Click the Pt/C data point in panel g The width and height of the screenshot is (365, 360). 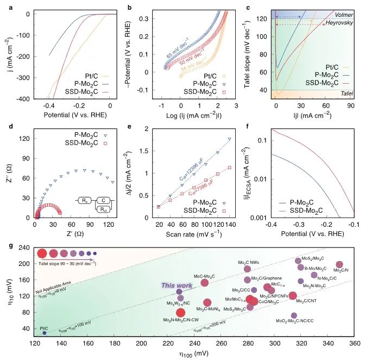pyautogui.click(x=45, y=332)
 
